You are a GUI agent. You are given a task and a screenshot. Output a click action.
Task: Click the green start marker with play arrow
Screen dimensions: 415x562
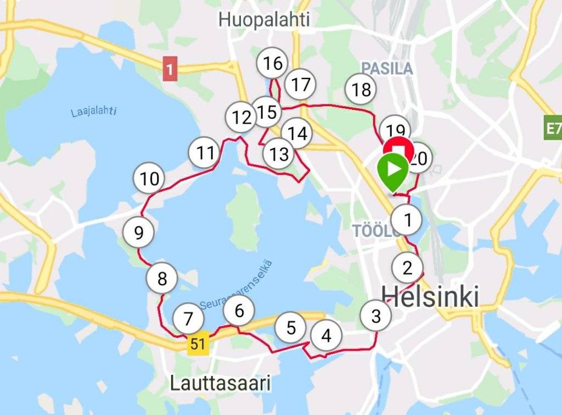393,170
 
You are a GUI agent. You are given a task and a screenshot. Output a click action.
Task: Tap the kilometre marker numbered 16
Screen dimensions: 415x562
273,64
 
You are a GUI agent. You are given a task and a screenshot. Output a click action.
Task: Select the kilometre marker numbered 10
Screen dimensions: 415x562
149,179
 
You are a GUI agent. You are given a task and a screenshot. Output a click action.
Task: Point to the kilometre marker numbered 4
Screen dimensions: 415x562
326,335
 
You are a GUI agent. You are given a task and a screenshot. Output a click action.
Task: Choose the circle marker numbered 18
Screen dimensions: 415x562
361,89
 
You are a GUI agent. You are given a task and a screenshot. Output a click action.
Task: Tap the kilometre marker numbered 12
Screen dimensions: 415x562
241,117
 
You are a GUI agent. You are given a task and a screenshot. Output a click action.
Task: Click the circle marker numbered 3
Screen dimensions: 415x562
376,316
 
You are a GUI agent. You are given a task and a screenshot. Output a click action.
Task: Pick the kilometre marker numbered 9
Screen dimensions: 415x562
138,233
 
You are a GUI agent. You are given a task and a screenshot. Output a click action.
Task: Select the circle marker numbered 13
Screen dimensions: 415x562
279,154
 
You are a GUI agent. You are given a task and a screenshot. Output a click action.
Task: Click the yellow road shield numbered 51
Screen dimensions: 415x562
198,345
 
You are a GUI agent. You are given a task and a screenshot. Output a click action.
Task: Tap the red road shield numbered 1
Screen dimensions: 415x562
171,70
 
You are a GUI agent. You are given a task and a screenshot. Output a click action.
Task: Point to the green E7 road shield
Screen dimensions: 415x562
553,130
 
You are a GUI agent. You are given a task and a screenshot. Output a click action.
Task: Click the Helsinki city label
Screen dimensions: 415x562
430,297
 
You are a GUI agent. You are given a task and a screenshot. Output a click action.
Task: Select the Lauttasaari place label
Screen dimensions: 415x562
221,383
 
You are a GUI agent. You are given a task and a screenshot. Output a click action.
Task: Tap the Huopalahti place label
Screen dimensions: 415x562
264,20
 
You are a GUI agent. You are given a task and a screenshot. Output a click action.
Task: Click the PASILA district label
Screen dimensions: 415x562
387,68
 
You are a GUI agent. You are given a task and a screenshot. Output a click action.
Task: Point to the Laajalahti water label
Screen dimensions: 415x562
94,112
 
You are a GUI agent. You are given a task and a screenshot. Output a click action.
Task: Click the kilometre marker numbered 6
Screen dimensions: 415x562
239,311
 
